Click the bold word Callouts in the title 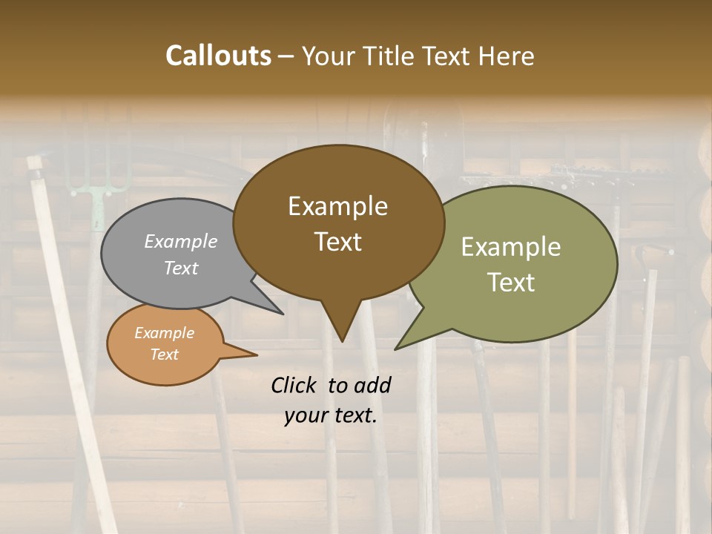219,56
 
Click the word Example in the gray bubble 181,241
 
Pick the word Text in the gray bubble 181,268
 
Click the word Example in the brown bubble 337,206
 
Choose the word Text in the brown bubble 337,242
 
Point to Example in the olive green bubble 511,247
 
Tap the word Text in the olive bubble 511,283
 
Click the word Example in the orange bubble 164,333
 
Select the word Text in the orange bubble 164,355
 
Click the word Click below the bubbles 296,385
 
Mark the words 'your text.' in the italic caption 331,416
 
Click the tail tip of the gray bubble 283,314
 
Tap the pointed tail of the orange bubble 256,355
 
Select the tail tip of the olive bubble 396,349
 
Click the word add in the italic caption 373,385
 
